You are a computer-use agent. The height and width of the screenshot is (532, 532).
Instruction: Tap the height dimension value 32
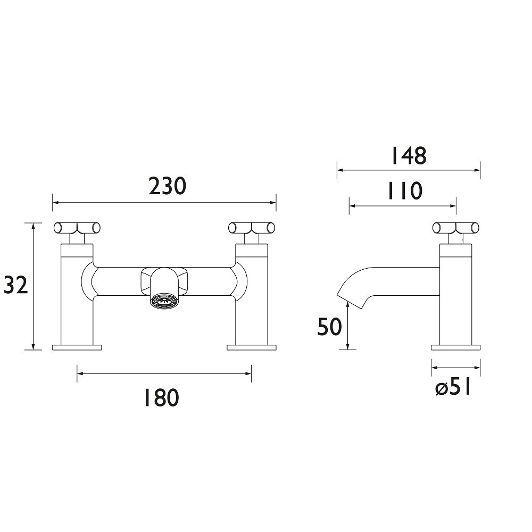tap(15, 286)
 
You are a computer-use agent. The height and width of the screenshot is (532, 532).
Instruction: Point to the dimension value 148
tap(408, 155)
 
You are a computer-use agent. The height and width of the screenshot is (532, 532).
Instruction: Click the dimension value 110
tap(403, 190)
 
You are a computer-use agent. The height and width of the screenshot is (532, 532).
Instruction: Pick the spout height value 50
tap(329, 327)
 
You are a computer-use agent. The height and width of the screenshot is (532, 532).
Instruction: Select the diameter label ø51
tap(453, 387)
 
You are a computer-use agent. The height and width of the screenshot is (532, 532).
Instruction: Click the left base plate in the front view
tap(77, 348)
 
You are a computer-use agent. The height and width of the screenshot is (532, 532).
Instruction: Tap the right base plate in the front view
tap(252, 348)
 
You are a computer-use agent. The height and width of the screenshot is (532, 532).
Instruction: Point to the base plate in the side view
tap(456, 348)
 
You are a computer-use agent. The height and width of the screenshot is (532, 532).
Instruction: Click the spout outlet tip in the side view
tap(345, 298)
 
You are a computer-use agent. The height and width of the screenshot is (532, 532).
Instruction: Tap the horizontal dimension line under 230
tap(164, 203)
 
